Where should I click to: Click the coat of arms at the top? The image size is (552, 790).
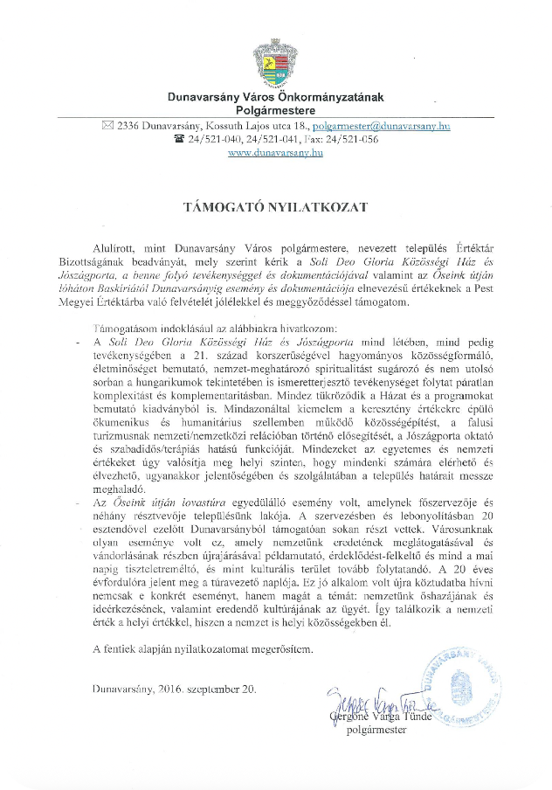point(275,64)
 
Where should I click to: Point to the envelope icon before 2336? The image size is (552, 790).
point(107,126)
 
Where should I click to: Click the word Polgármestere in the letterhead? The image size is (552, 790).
point(275,111)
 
